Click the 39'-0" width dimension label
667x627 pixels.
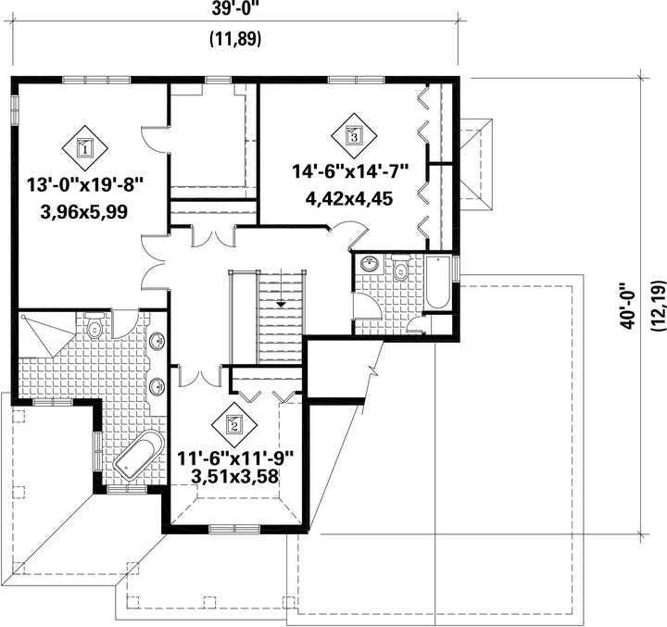235,9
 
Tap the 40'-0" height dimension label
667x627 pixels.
627,305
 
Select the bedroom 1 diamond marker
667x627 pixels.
85,148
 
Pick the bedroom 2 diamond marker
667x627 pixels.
234,424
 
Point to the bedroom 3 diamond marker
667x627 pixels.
354,136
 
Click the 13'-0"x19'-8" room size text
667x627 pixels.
84,185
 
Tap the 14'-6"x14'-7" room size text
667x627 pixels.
350,172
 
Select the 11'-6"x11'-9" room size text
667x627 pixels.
235,458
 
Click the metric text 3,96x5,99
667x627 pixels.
84,211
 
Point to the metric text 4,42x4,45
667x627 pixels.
349,198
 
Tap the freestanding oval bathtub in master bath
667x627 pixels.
139,455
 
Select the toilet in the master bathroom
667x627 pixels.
94,325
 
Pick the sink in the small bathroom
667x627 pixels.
370,264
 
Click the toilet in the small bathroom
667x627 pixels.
400,268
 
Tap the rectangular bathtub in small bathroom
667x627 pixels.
437,282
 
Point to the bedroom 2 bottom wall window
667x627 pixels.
234,529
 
